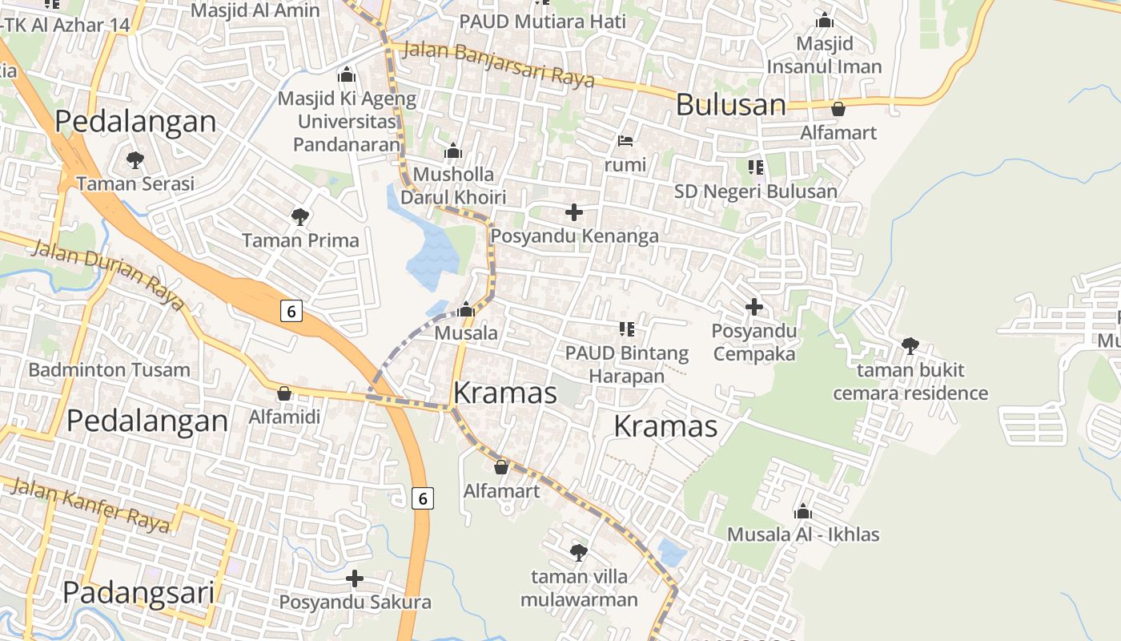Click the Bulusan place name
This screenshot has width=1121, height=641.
[731, 105]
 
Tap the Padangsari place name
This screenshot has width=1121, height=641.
[139, 593]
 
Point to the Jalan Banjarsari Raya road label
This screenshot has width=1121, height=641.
[498, 63]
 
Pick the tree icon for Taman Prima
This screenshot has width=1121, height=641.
[300, 216]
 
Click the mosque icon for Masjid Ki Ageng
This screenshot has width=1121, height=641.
[347, 75]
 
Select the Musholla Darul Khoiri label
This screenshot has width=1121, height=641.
[453, 186]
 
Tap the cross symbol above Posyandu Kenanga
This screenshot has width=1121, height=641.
[574, 212]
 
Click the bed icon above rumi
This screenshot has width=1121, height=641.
[625, 142]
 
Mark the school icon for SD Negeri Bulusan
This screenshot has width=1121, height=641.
[755, 167]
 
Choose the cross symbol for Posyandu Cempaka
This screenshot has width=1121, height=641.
[753, 307]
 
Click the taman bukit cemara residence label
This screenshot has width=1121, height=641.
[910, 381]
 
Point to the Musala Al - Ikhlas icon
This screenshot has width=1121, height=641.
[803, 511]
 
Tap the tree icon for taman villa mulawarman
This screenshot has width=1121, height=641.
[578, 552]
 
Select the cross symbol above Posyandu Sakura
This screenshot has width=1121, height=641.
[355, 579]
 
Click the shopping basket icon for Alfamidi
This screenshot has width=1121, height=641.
[283, 393]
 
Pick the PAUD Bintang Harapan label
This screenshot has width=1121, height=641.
[627, 365]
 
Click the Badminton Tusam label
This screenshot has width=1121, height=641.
[109, 369]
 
